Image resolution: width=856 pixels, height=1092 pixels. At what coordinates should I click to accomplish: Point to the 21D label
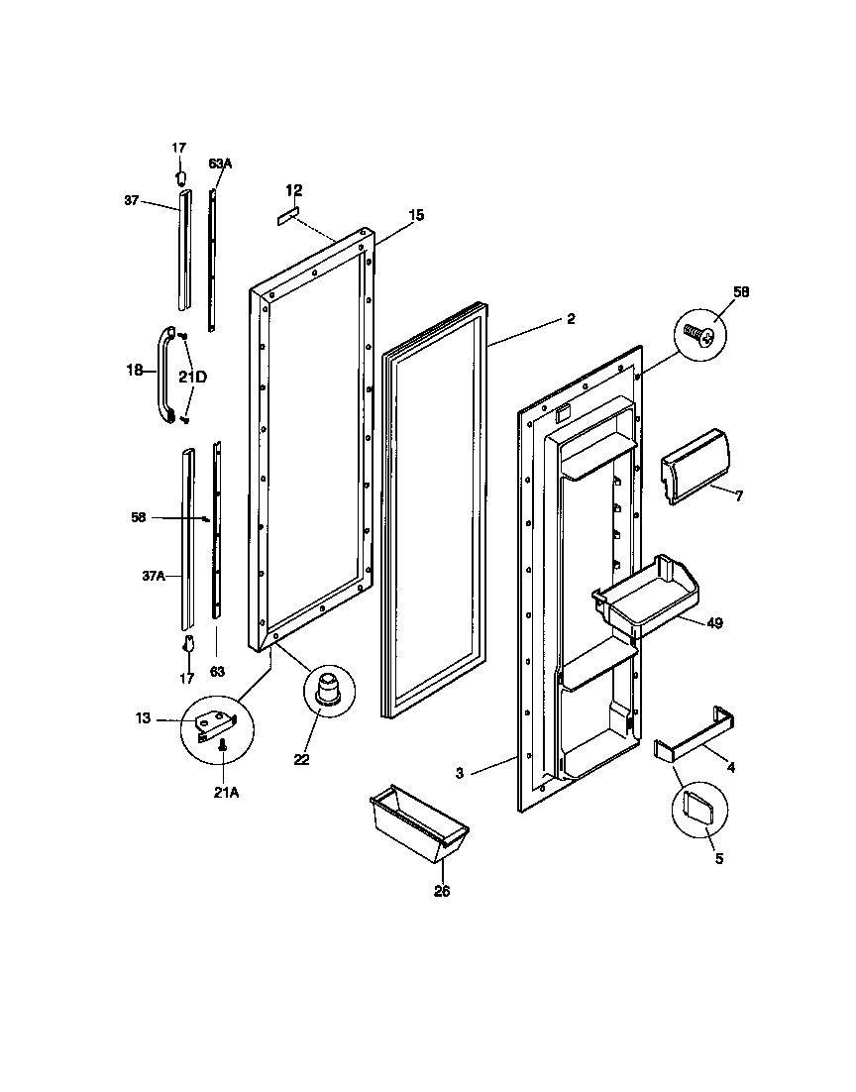pyautogui.click(x=193, y=377)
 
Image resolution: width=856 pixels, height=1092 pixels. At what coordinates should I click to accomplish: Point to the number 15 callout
pyautogui.click(x=416, y=215)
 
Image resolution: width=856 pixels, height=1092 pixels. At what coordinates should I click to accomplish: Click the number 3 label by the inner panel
pyautogui.click(x=460, y=772)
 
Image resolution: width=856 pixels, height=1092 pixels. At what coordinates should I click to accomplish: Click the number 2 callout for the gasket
pyautogui.click(x=571, y=319)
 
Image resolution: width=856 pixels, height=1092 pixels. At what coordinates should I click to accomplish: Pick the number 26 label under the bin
pyautogui.click(x=441, y=891)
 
